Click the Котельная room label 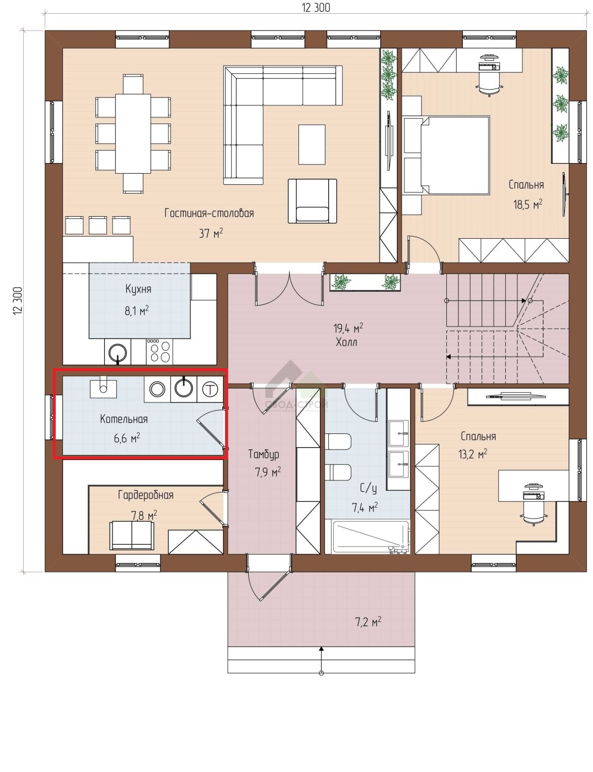coord(124,419)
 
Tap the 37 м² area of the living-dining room coord(211,233)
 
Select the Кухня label coord(138,289)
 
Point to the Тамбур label coord(263,454)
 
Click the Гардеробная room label coord(146,495)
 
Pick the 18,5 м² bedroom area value coord(527,204)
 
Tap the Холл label coord(346,342)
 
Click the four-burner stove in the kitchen coord(159,351)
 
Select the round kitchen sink coord(117,352)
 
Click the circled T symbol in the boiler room coord(210,389)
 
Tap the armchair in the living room coord(312,201)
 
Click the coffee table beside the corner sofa coord(312,144)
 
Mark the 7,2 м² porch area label coord(368,622)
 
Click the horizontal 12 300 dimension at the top coord(316,8)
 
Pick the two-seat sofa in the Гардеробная coord(132,535)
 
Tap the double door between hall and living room coord(290,288)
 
